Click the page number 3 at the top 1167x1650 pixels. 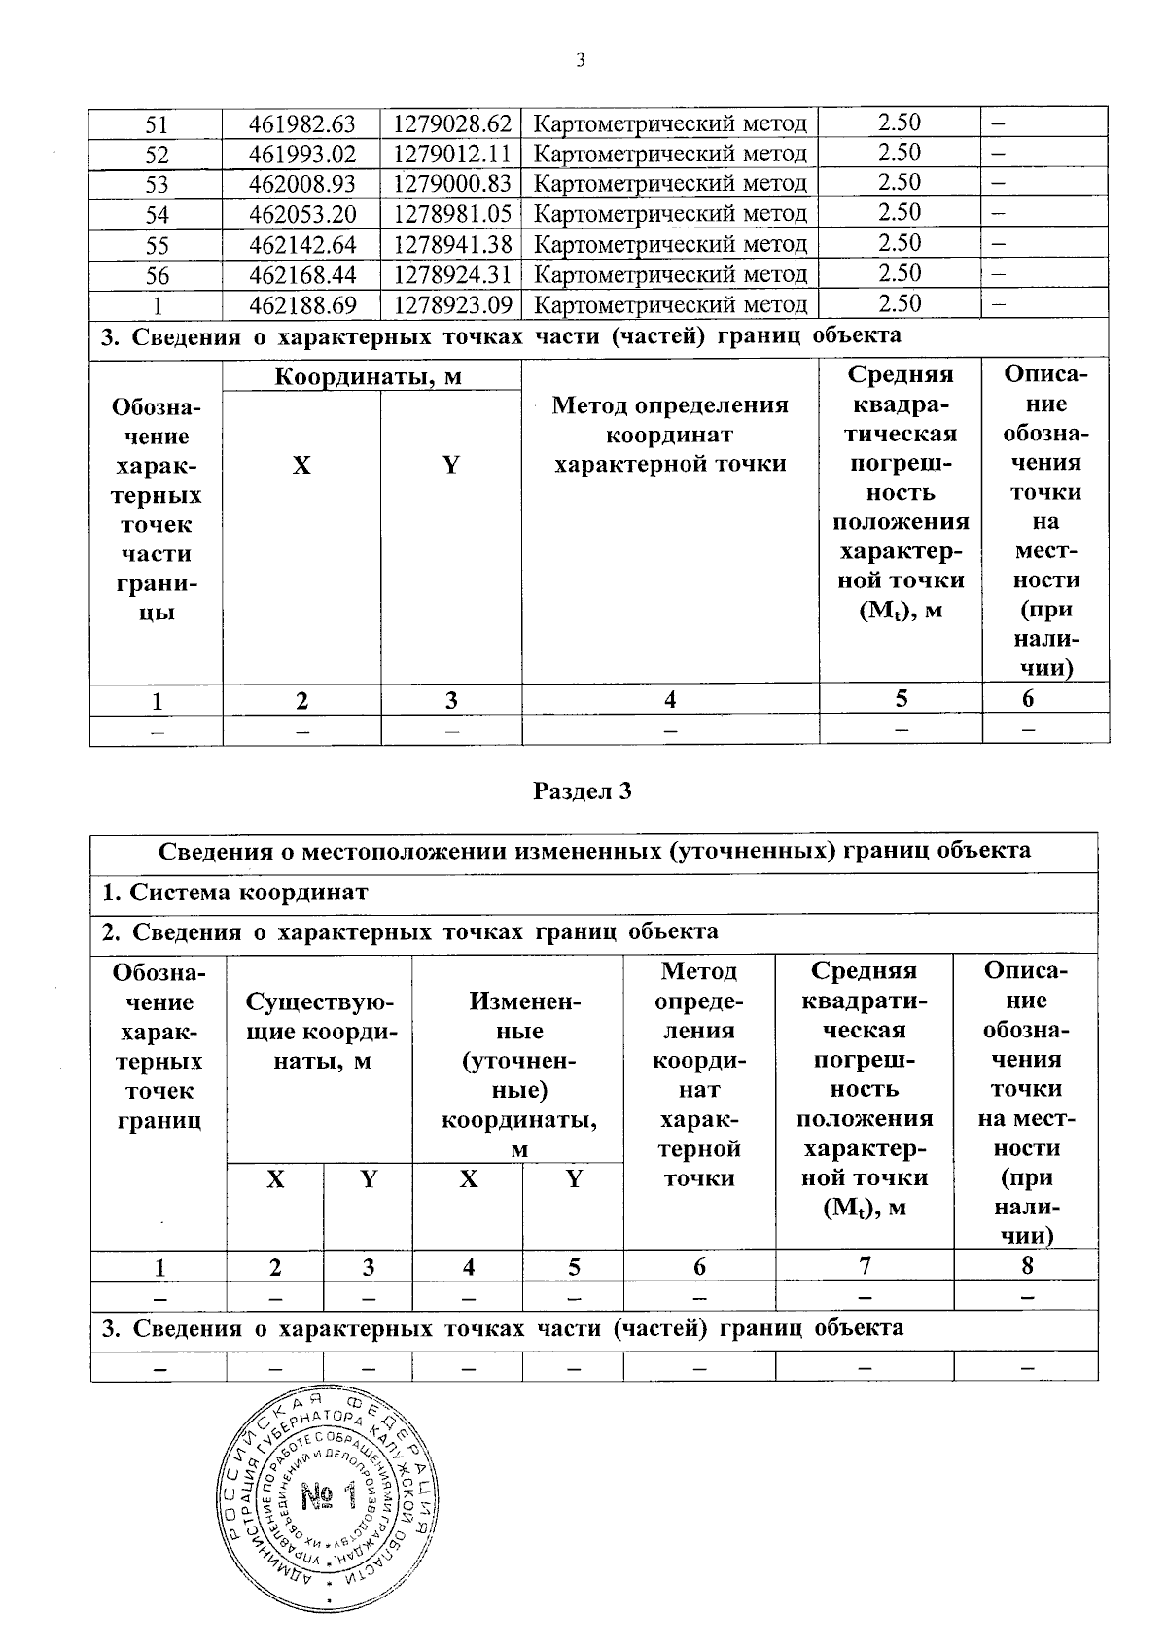(x=581, y=61)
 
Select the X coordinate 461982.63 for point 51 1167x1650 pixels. (x=301, y=124)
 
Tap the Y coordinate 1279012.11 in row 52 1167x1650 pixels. (x=451, y=155)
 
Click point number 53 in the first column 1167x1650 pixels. (x=157, y=185)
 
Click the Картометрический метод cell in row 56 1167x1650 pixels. (x=671, y=275)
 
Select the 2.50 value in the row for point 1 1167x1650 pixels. (x=900, y=303)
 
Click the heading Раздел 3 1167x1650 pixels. (x=583, y=790)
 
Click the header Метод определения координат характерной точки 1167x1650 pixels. (x=670, y=435)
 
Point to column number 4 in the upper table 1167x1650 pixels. (x=669, y=699)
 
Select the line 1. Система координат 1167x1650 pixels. (x=234, y=892)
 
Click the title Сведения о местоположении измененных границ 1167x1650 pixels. (x=593, y=851)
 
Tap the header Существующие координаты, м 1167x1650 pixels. (x=320, y=1031)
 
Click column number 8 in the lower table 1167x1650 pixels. (x=1027, y=1266)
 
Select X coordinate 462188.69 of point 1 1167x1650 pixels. (x=301, y=305)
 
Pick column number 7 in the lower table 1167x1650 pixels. (x=864, y=1266)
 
